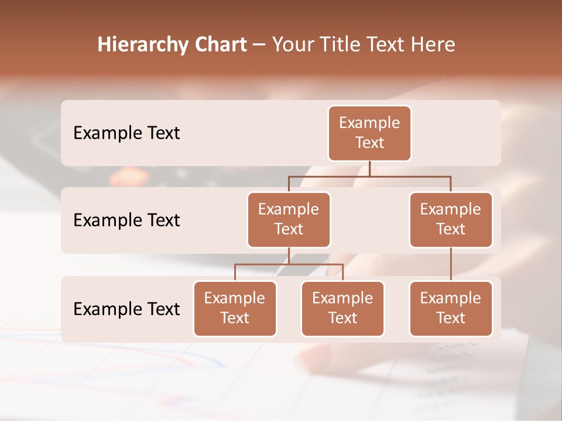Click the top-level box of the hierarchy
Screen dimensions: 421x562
(369, 133)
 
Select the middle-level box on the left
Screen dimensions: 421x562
(289, 219)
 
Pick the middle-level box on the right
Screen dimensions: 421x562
(451, 219)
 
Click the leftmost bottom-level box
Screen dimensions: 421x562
(235, 308)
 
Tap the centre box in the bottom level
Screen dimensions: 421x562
(342, 308)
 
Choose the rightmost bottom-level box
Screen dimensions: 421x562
(451, 308)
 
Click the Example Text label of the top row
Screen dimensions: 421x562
(126, 133)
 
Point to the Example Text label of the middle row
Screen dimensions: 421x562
(126, 220)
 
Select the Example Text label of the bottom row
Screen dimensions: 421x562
(126, 309)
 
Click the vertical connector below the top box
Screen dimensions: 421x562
(369, 168)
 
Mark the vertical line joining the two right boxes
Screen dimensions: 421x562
(451, 264)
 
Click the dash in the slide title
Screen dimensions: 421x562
(259, 45)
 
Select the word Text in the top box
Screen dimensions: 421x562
(369, 143)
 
